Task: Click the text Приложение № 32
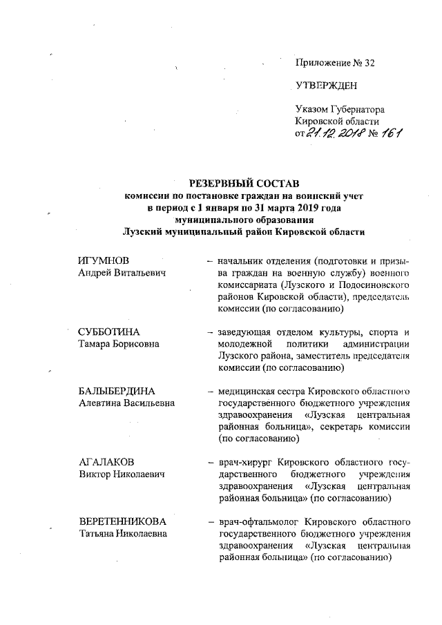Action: tap(334, 64)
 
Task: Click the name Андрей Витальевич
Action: tap(123, 273)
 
